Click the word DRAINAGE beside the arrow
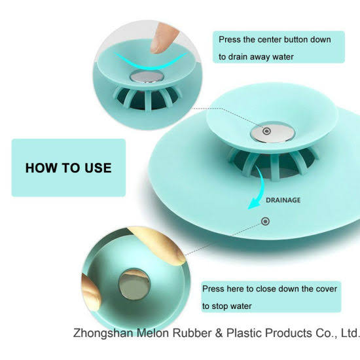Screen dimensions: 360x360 (x=283, y=200)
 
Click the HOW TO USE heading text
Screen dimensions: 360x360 (x=69, y=168)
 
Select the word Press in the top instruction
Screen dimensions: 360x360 (x=229, y=39)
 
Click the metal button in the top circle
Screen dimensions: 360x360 (x=147, y=77)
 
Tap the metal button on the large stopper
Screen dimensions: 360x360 (x=273, y=132)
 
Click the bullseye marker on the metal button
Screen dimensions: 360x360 (x=266, y=132)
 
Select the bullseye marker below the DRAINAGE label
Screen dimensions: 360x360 (x=265, y=221)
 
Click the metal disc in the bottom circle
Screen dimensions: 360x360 (x=134, y=285)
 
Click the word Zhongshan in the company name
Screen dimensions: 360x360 (x=103, y=333)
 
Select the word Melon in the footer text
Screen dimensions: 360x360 (x=153, y=333)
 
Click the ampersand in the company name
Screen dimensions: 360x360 (x=219, y=333)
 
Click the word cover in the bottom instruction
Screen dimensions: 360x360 (x=327, y=289)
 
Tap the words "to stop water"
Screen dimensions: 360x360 (x=227, y=306)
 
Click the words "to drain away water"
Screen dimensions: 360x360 (x=256, y=57)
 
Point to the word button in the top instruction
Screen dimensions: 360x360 (x=296, y=39)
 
